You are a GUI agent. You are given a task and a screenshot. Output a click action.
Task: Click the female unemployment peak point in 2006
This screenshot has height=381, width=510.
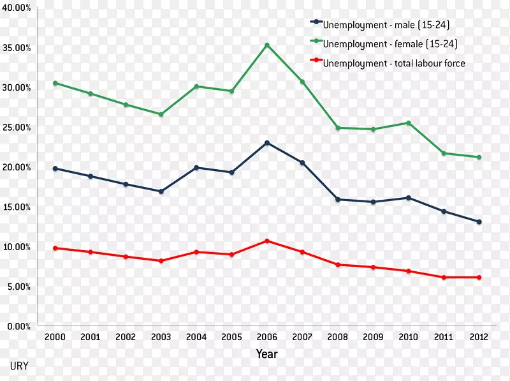(267, 45)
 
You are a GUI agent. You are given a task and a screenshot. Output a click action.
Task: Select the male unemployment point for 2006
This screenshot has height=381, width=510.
(267, 143)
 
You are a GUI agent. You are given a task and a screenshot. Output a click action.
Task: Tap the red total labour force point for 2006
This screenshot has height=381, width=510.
(267, 241)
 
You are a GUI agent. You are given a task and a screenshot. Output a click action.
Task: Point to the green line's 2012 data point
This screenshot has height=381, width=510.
(479, 157)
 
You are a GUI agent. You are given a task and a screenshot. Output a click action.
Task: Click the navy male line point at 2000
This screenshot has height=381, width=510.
(55, 168)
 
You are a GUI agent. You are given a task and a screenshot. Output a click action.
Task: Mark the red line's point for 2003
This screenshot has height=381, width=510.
(161, 260)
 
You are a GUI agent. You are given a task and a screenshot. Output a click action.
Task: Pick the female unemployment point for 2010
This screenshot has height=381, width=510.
(408, 123)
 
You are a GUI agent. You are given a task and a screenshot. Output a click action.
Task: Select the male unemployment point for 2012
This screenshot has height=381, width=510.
(479, 221)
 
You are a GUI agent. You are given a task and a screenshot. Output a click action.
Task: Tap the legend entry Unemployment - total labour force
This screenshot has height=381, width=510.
(394, 63)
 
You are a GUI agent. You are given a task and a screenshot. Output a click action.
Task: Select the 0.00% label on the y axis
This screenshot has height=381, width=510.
(19, 326)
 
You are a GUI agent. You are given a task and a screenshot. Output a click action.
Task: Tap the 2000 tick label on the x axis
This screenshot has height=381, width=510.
(55, 338)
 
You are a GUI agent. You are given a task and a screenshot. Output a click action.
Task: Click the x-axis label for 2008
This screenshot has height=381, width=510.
(338, 338)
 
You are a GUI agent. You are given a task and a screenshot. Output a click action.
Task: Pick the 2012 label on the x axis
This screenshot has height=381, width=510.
(479, 338)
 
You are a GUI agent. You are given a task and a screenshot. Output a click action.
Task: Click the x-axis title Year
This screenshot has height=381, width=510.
(267, 353)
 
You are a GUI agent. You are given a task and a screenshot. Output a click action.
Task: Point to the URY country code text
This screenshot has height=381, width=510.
(18, 366)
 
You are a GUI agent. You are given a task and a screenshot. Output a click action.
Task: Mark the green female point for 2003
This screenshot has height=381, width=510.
(161, 114)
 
